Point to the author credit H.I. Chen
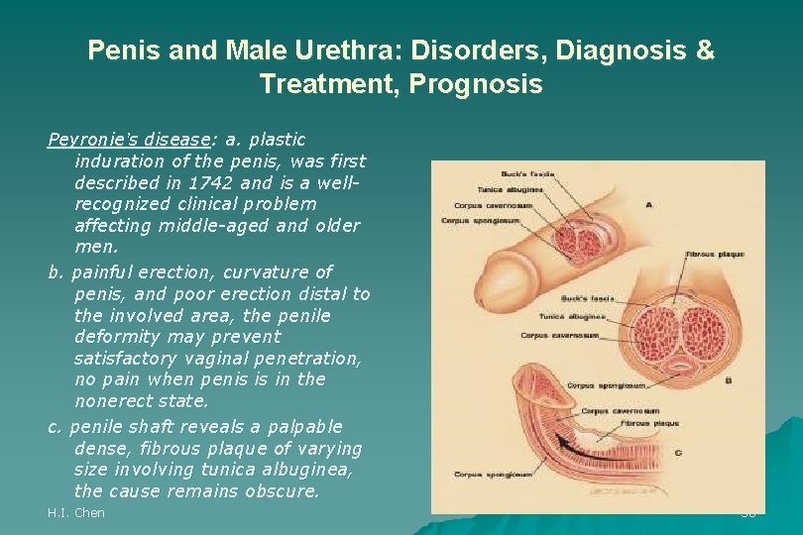tap(76, 513)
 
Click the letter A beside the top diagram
tap(648, 205)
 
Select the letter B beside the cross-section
tap(729, 378)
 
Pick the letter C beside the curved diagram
tap(677, 452)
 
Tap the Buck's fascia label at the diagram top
tap(529, 175)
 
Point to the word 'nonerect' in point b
tap(110, 401)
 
